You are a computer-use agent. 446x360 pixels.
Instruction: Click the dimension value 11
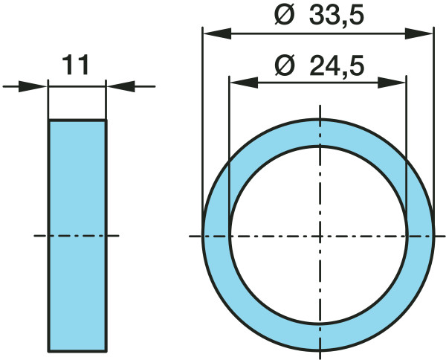tap(76, 65)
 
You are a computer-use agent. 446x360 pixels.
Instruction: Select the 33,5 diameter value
tap(337, 16)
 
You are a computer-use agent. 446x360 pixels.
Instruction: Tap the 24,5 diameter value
tap(337, 65)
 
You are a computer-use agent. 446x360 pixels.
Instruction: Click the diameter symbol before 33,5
tap(284, 16)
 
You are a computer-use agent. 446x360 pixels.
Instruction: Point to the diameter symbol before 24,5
tap(284, 65)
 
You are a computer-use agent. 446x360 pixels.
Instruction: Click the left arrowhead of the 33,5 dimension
tap(217, 33)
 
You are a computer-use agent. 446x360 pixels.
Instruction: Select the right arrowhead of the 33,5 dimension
tap(418, 33)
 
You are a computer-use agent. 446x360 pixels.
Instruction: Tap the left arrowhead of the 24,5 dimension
tap(244, 83)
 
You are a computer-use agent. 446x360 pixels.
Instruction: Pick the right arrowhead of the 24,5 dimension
tap(392, 83)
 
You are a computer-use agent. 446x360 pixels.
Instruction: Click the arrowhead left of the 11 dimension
tap(33, 86)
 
